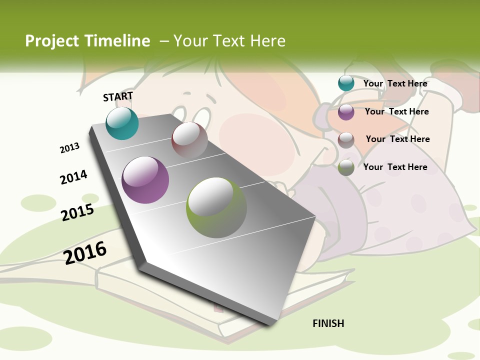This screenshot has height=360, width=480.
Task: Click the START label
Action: [x=118, y=96]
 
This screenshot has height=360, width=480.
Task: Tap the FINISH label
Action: [x=328, y=323]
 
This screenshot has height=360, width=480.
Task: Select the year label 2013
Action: [x=69, y=148]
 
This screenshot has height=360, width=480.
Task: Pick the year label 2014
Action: [x=73, y=177]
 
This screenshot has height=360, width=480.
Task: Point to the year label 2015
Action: [x=77, y=212]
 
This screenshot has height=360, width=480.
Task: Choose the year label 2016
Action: [x=85, y=252]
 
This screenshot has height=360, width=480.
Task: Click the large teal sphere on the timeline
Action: [x=122, y=123]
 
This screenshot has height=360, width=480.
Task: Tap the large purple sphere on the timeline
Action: [x=145, y=180]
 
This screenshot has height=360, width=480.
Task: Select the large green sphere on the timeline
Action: [x=216, y=207]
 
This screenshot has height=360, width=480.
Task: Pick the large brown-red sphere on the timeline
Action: [x=189, y=140]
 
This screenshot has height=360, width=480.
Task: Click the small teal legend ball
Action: [x=346, y=83]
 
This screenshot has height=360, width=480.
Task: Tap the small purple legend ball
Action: [x=346, y=112]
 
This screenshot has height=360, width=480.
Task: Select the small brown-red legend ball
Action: [x=346, y=140]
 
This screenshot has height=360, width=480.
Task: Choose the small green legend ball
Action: [x=346, y=167]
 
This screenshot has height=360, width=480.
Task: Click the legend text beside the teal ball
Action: [x=395, y=83]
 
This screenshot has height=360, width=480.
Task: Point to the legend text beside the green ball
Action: [x=395, y=167]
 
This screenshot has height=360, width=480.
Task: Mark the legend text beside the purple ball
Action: [x=396, y=111]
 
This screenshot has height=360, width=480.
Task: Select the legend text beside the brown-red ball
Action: [x=397, y=139]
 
